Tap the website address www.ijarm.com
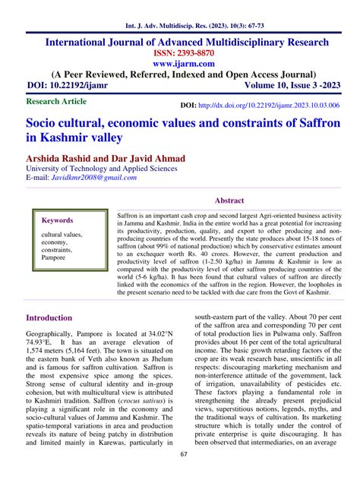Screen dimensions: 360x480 179,65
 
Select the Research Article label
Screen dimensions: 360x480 57,100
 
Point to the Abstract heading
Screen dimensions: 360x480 229,201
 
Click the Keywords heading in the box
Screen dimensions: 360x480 57,220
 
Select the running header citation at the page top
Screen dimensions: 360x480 180,12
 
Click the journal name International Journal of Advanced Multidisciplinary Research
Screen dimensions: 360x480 179,40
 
